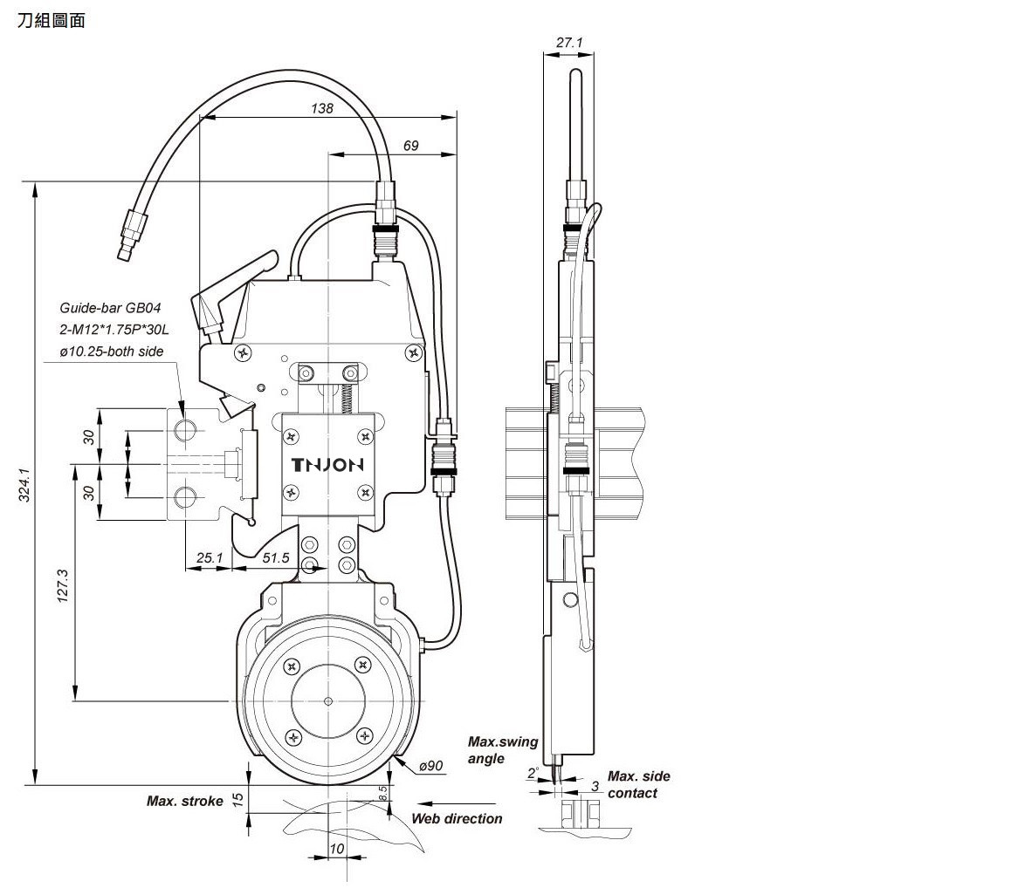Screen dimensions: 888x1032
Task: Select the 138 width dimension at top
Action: click(322, 108)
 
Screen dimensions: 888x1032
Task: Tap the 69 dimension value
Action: click(410, 146)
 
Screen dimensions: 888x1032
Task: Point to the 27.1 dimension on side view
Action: click(568, 42)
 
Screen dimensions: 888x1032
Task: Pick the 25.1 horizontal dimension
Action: click(210, 557)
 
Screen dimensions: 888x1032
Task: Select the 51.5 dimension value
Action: click(275, 557)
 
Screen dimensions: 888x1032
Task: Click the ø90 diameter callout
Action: click(431, 766)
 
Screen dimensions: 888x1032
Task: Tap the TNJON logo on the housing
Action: click(327, 465)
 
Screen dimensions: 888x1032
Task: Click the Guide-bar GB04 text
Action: click(110, 308)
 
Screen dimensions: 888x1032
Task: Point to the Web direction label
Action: click(457, 818)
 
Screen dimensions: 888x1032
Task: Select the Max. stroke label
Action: click(184, 801)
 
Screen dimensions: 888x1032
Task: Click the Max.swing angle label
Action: click(502, 750)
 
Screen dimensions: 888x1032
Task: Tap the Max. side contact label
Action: click(638, 784)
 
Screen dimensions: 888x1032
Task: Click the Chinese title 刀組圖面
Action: click(51, 21)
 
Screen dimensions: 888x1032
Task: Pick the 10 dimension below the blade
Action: click(337, 849)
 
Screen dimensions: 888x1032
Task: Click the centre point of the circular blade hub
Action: click(328, 700)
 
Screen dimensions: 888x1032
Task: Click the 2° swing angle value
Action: click(532, 773)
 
